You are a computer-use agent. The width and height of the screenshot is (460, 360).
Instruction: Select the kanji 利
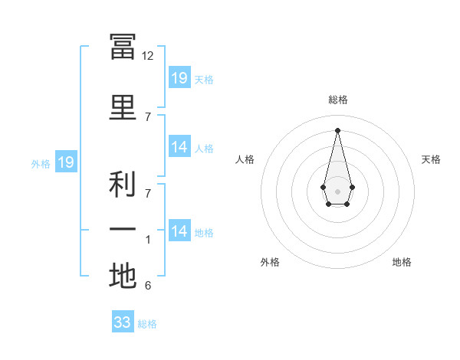click(123, 185)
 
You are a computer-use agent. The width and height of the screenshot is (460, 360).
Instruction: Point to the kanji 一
click(123, 230)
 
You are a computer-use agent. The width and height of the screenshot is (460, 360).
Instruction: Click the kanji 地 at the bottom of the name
click(123, 277)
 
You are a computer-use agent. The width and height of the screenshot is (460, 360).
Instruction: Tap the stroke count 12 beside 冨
click(148, 56)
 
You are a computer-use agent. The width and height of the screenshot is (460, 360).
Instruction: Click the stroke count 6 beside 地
click(148, 286)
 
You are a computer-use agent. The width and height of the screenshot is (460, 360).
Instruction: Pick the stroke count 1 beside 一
click(148, 240)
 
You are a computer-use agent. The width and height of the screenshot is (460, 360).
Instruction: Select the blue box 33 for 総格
click(123, 322)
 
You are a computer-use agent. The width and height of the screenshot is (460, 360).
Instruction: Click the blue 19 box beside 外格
click(65, 162)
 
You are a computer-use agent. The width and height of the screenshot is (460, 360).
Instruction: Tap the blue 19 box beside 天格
click(179, 77)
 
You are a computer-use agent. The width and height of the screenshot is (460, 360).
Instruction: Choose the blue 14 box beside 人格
click(179, 147)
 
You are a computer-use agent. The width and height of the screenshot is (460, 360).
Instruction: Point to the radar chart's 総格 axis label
click(337, 100)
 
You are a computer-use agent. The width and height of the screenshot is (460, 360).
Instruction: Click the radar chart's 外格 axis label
click(270, 262)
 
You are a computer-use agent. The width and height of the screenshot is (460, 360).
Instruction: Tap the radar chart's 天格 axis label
click(431, 159)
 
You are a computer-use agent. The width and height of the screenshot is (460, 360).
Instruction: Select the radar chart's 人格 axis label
click(245, 159)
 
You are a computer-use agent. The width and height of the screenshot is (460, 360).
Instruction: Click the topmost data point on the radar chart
click(337, 129)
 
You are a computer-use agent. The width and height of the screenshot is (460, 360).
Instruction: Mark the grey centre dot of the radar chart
click(337, 190)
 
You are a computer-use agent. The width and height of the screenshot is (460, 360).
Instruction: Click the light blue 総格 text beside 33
click(147, 324)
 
